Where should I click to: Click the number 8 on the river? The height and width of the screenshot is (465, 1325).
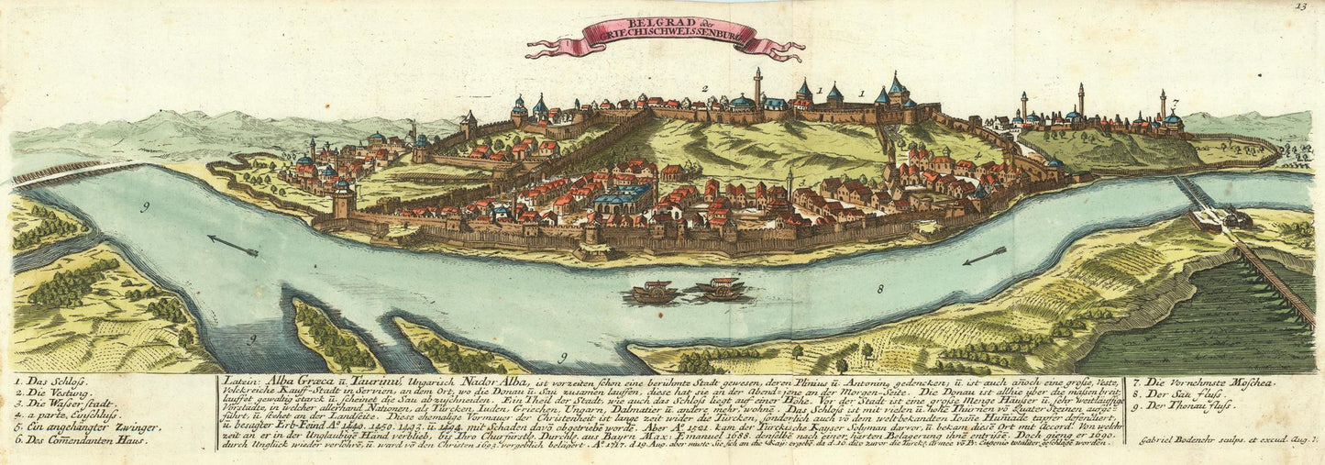click(879, 290)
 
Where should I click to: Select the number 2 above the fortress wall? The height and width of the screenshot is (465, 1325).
click(704, 89)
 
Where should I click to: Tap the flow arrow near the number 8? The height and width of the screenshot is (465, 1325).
click(984, 255)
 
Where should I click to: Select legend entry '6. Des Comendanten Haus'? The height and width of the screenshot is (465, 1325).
click(83, 439)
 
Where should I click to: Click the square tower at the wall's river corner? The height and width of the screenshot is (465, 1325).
click(344, 200)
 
